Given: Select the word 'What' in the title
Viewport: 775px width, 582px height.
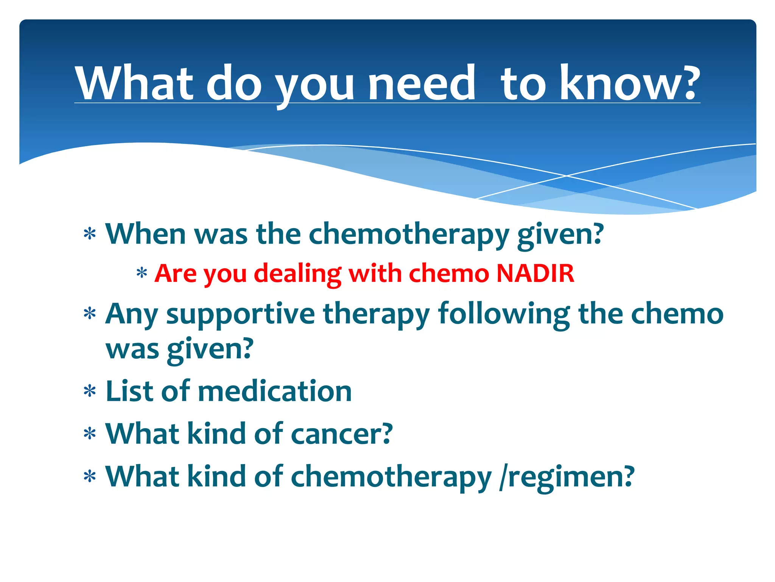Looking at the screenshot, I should click(x=134, y=84).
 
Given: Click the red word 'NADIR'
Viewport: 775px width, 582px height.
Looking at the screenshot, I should click(x=535, y=274).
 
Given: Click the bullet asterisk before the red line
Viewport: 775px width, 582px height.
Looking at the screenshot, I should click(x=142, y=274).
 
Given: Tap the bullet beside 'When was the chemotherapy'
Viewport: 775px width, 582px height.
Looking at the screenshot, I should click(x=90, y=235).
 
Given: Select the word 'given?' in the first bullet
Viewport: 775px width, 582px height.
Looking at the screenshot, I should click(x=560, y=235).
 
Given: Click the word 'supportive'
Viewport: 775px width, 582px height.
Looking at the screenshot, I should click(x=240, y=314).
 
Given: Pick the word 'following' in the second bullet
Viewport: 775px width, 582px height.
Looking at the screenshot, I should click(x=504, y=314).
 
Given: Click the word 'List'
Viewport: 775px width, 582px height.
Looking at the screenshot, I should click(x=129, y=391).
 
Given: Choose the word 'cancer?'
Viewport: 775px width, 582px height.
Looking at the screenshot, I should click(x=342, y=434).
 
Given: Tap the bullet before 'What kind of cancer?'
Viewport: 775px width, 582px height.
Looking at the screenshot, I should click(x=90, y=434).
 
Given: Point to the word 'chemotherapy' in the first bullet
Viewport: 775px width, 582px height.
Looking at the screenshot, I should click(x=409, y=235).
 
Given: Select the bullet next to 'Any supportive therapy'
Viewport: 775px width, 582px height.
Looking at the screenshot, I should click(x=90, y=314).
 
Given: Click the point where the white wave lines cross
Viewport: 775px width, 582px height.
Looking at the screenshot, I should click(x=566, y=176).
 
